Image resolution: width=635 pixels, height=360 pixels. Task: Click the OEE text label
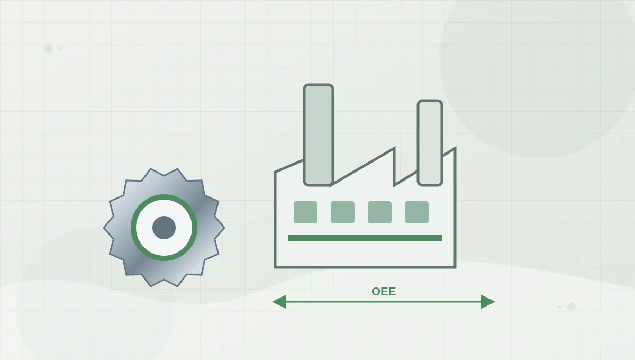click(x=384, y=292)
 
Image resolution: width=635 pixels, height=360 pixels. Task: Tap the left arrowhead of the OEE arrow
click(x=279, y=302)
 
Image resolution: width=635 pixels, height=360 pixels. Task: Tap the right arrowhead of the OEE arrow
click(x=488, y=302)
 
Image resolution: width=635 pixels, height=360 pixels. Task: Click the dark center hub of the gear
click(x=164, y=228)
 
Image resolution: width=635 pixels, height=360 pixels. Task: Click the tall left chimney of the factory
click(x=319, y=135)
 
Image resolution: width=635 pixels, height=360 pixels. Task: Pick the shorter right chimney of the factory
click(x=430, y=143)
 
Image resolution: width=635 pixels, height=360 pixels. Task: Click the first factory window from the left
click(x=305, y=212)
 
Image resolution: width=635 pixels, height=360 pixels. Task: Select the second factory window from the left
click(x=342, y=212)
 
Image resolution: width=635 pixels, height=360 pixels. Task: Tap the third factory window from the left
click(x=379, y=212)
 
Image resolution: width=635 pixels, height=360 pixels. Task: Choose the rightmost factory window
click(x=416, y=212)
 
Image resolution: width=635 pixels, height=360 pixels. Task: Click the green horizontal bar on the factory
click(x=365, y=238)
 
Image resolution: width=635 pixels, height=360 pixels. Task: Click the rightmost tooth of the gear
click(x=222, y=227)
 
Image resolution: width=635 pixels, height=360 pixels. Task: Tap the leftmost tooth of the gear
click(x=106, y=227)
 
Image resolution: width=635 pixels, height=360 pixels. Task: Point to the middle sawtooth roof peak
click(x=394, y=148)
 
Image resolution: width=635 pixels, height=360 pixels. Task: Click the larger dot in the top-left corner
click(x=49, y=49)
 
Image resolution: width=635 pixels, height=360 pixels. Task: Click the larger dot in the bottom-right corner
click(x=571, y=307)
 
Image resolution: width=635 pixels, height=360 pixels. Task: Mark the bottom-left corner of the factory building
click(x=275, y=267)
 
